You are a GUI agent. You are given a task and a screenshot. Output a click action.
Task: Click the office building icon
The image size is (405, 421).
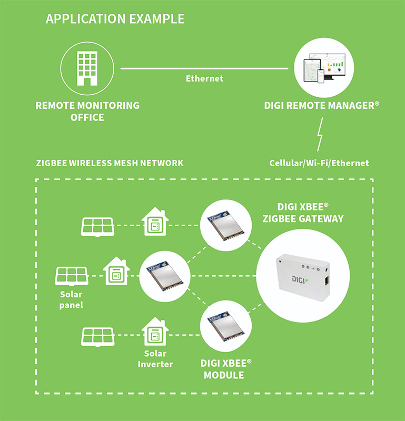pyautogui.click(x=87, y=67)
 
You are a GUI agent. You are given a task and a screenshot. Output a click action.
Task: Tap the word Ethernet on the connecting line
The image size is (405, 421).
pyautogui.click(x=204, y=78)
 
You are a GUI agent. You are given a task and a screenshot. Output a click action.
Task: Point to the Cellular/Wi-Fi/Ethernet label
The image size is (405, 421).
pyautogui.click(x=319, y=163)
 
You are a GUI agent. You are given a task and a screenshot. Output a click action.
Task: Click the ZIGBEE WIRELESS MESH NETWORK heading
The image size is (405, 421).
pyautogui.click(x=110, y=163)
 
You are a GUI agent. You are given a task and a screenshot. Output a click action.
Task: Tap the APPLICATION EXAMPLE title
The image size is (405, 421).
pyautogui.click(x=115, y=19)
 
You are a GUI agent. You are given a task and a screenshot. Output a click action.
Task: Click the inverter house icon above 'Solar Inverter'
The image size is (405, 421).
pyautogui.click(x=155, y=332)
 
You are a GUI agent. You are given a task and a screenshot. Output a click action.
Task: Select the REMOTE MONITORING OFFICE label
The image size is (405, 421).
pyautogui.click(x=87, y=111)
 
